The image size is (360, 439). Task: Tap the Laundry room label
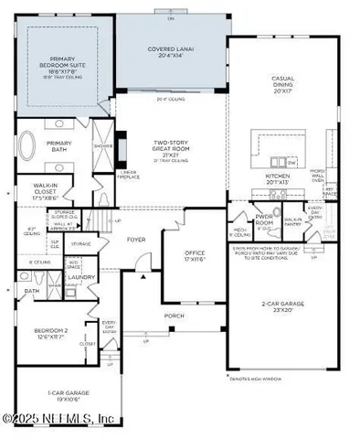point(81,277)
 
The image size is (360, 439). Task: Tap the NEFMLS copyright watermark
point(58,419)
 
